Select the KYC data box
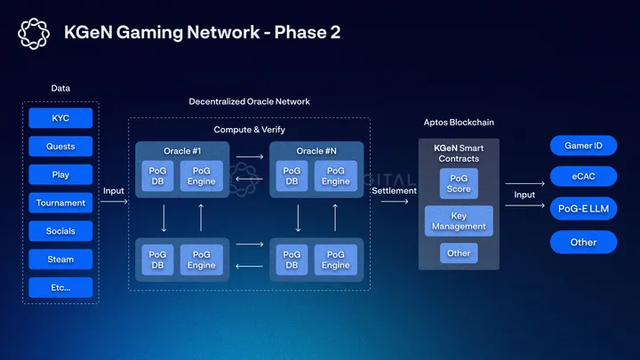(60, 118)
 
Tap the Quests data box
(60, 146)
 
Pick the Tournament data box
(60, 203)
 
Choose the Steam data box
(60, 260)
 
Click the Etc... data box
(60, 288)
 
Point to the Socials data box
(60, 231)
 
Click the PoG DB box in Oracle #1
(157, 176)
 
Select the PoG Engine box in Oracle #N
(336, 176)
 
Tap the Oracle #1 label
(183, 150)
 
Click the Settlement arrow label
(394, 190)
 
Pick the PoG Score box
(459, 184)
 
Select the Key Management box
(459, 220)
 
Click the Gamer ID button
(583, 146)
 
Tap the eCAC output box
(583, 177)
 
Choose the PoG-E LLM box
(583, 209)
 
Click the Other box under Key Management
(459, 253)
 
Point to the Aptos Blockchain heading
(459, 122)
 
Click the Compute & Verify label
(249, 130)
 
